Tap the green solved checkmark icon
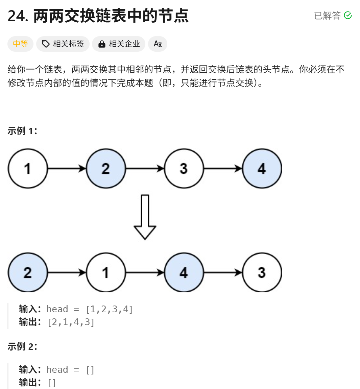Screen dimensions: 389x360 pyautogui.click(x=347, y=16)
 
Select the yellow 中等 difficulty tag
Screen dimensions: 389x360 pyautogui.click(x=20, y=44)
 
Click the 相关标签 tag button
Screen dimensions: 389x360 pyautogui.click(x=63, y=44)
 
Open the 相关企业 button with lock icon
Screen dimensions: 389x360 pyautogui.click(x=119, y=44)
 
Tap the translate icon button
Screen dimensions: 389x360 pyautogui.click(x=158, y=44)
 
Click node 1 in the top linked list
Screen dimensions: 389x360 pyautogui.click(x=28, y=168)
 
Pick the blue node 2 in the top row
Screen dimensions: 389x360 pyautogui.click(x=106, y=168)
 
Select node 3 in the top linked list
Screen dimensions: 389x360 pyautogui.click(x=184, y=168)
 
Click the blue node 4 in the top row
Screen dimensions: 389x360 pyautogui.click(x=262, y=168)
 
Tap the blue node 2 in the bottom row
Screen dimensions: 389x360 pyautogui.click(x=28, y=272)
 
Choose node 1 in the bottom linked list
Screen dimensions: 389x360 pyautogui.click(x=106, y=272)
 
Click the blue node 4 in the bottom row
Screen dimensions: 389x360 pyautogui.click(x=184, y=272)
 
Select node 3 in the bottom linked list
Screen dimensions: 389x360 pyautogui.click(x=262, y=272)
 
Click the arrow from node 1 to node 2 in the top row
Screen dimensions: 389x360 pyautogui.click(x=67, y=168)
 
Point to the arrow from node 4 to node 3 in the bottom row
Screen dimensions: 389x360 pyautogui.click(x=223, y=272)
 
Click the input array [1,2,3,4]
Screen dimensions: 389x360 pyautogui.click(x=109, y=309)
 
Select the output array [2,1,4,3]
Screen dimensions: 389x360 pyautogui.click(x=71, y=322)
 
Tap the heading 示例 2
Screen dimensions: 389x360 pyautogui.click(x=22, y=346)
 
